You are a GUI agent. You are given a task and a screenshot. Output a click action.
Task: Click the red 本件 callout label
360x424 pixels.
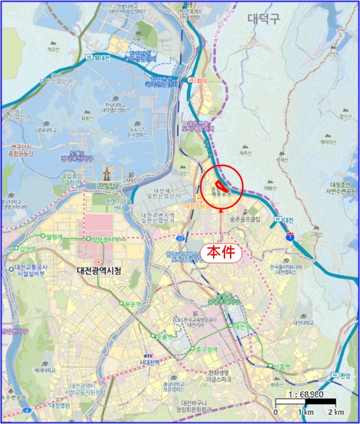point(221,251)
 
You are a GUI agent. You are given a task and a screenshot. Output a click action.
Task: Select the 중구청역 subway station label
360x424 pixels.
point(204,349)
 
